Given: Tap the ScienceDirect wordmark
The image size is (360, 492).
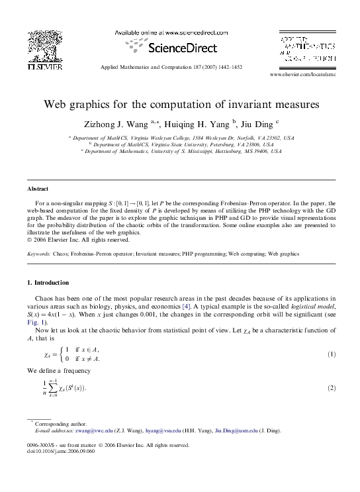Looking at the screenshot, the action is pos(183,48).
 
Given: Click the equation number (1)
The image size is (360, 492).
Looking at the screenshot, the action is pos(332,354).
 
